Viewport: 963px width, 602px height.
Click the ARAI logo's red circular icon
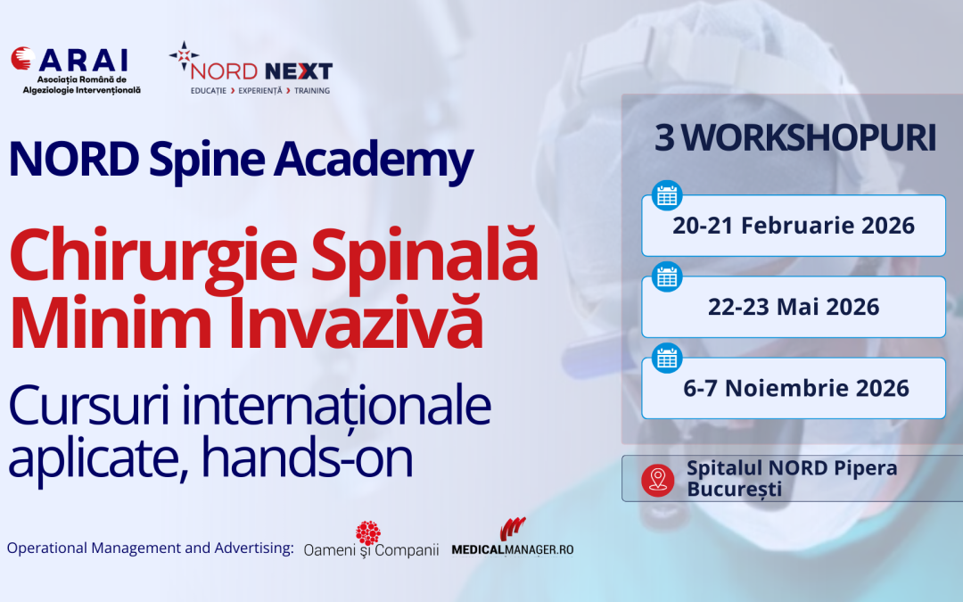point(23,59)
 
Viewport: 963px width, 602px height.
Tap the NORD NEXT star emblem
point(183,58)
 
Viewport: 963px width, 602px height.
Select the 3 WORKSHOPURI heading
point(795,138)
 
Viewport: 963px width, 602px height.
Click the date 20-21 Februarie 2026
point(794,226)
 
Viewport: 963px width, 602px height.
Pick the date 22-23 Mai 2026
point(794,308)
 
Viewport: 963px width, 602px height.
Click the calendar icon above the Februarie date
point(667,195)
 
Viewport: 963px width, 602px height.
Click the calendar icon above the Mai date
point(667,276)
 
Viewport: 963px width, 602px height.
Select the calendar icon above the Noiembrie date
point(667,358)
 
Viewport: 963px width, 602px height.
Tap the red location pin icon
point(658,480)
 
